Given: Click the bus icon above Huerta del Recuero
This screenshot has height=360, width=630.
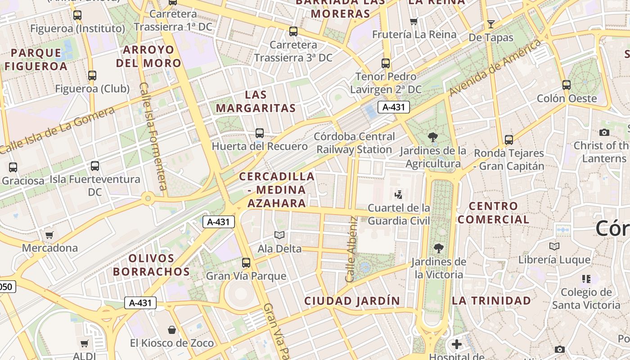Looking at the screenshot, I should [260, 133].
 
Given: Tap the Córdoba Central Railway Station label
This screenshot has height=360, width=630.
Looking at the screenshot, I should [355, 143].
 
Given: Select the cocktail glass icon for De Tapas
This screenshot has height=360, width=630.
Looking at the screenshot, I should [490, 24].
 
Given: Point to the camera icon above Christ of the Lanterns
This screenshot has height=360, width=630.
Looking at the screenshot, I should [604, 132].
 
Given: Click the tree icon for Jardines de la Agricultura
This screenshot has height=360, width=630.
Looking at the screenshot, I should [433, 137].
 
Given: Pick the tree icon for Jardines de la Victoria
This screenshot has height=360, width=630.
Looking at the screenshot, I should [438, 248].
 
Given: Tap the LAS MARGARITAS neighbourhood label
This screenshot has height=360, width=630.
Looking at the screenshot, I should [256, 101].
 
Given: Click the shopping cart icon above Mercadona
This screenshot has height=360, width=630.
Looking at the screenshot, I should [49, 235].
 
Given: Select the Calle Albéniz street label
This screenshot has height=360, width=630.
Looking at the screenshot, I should [351, 249].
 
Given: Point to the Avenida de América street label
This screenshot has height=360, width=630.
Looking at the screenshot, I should [495, 67].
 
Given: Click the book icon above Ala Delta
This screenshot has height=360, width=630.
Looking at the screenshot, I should [279, 235].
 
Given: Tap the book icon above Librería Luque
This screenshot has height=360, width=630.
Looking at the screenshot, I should [554, 247].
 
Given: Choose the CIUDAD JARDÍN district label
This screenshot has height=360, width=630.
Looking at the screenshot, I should [352, 301].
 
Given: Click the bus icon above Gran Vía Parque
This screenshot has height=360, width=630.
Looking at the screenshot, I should [246, 263].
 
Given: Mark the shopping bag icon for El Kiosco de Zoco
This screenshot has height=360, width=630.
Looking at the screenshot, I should [172, 330].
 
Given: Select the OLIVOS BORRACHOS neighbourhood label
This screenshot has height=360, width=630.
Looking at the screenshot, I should [151, 265].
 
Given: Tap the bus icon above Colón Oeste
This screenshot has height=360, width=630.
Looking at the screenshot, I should [567, 85].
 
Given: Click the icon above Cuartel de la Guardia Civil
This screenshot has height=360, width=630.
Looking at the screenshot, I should [398, 195].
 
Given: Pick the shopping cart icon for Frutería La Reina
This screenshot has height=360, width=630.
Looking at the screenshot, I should [414, 21].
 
